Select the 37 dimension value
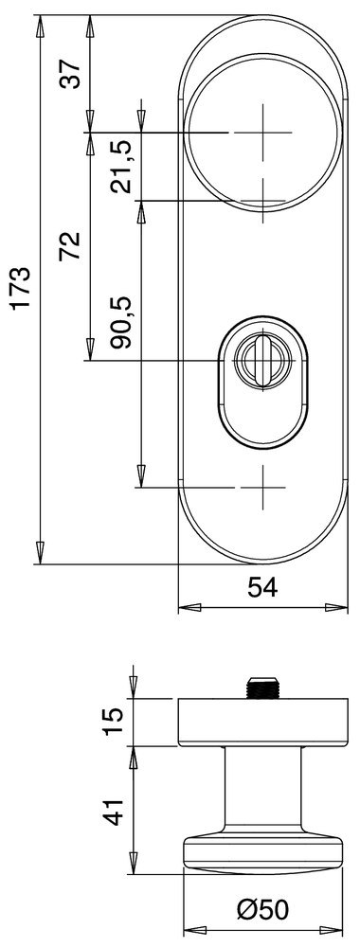(69, 72)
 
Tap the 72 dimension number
(69, 244)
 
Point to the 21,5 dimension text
(121, 168)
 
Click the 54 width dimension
(261, 588)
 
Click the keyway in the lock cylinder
(259, 361)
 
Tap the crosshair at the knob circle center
(262, 134)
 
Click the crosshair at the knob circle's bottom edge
(262, 200)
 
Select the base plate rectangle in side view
(262, 722)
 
